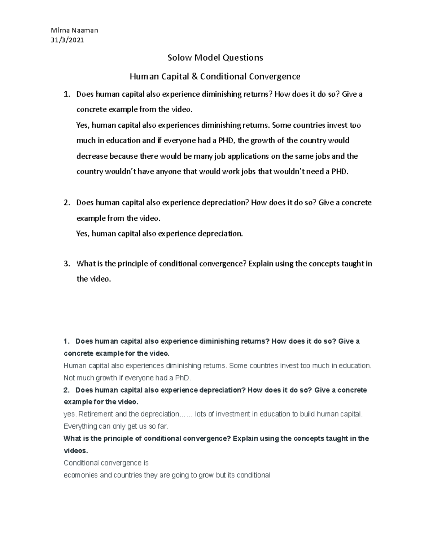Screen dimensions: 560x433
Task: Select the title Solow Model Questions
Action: (x=215, y=58)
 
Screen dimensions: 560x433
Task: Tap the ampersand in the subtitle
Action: (x=194, y=76)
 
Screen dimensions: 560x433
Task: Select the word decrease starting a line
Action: (x=92, y=156)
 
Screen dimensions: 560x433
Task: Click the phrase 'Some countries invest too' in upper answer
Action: (x=316, y=125)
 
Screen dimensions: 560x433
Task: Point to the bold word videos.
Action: (x=75, y=451)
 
